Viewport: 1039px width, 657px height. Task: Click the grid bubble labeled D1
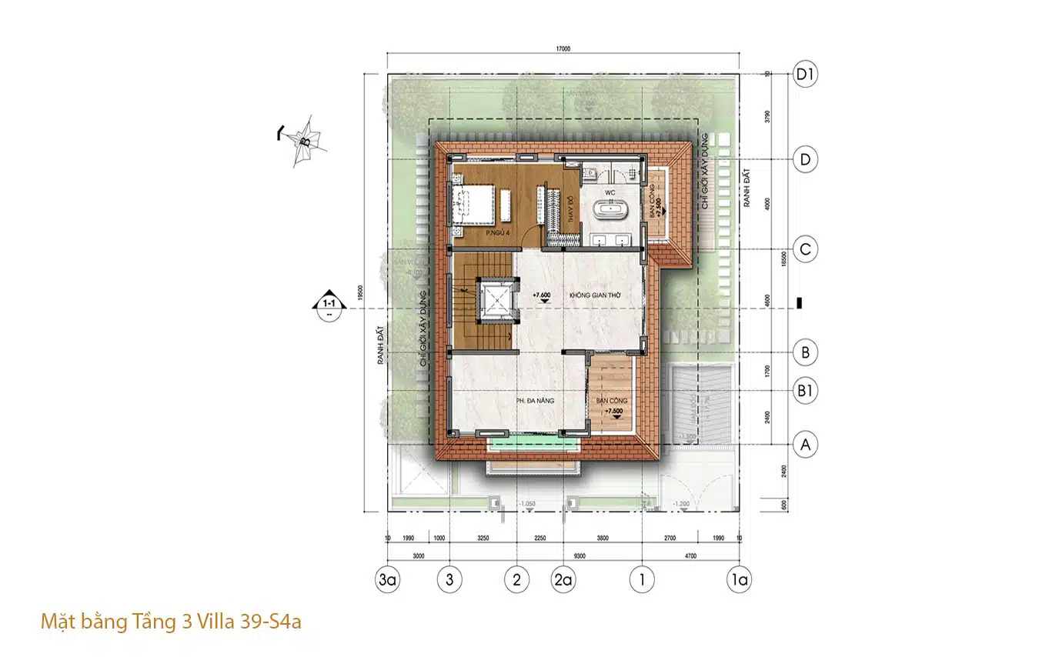(806, 75)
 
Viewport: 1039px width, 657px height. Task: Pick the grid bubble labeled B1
(806, 391)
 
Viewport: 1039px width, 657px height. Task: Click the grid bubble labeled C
(806, 250)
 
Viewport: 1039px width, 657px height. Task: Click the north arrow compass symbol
(304, 140)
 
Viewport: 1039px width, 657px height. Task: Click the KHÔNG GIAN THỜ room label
(595, 295)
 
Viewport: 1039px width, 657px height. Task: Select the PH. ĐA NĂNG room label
(535, 401)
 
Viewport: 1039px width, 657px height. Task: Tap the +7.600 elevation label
(542, 295)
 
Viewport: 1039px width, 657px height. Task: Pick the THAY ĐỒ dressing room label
(570, 210)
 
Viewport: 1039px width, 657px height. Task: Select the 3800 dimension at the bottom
(603, 539)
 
